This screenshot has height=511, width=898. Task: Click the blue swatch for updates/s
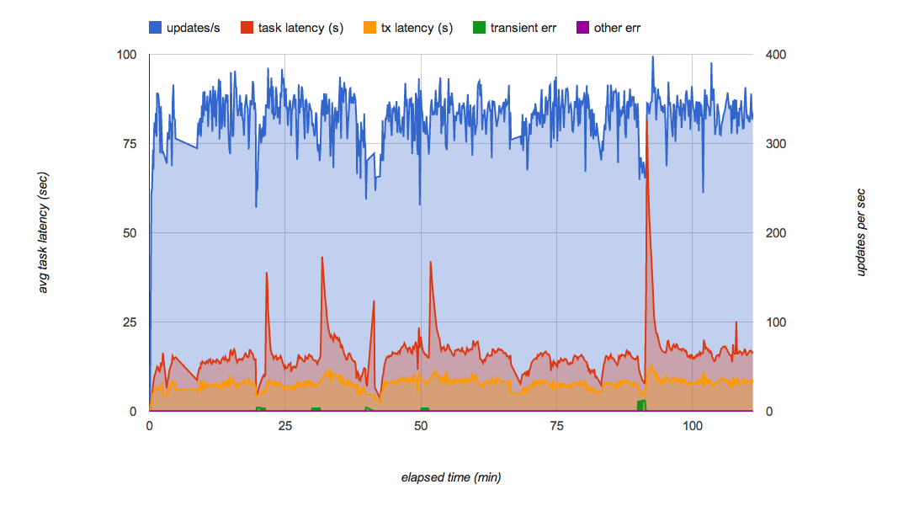tap(156, 28)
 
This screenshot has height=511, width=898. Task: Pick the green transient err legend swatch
tap(480, 28)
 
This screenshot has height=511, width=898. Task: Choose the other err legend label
tap(618, 28)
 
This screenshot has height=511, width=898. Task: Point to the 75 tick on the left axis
tap(129, 144)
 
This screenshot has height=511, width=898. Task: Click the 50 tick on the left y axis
tap(129, 233)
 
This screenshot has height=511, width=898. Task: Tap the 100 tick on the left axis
tap(126, 55)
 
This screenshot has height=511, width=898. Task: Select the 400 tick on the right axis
tap(776, 55)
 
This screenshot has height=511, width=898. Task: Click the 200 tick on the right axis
tap(776, 233)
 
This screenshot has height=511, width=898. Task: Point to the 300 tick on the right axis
tap(776, 144)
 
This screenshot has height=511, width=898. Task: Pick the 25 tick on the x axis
tap(284, 426)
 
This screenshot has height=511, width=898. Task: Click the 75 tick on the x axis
tap(555, 426)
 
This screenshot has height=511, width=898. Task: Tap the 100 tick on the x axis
tap(692, 426)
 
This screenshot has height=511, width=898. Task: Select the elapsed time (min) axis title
tap(451, 477)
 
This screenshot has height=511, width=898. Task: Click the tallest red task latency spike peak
tap(646, 119)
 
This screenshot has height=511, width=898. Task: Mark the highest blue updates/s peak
tap(652, 57)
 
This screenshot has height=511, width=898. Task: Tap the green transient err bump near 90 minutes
tap(642, 405)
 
